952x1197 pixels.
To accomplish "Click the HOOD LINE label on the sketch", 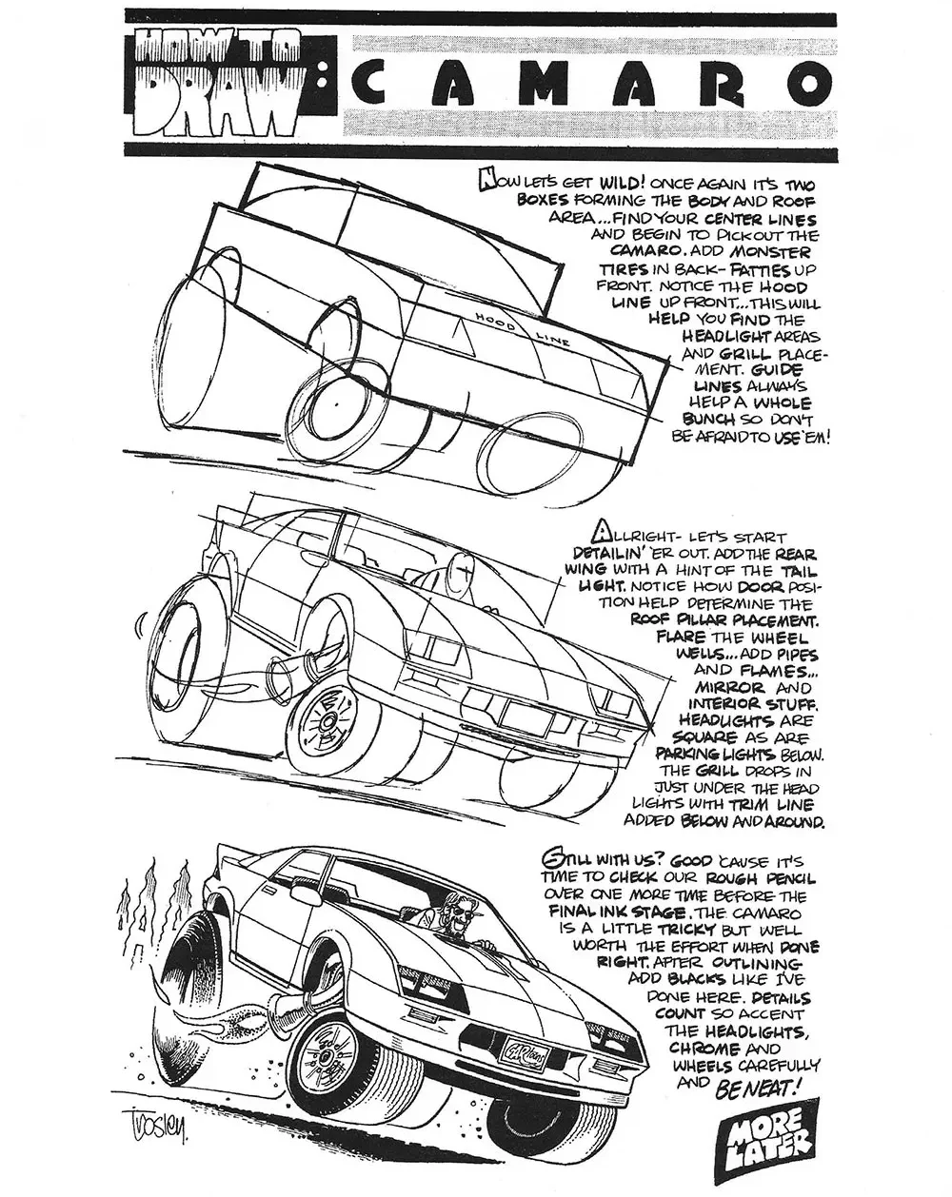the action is [521, 328].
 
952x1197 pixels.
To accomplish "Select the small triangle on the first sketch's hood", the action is [462, 340].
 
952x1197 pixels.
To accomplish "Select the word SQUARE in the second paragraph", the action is [704, 737].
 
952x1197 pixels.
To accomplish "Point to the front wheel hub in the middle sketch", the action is [326, 721].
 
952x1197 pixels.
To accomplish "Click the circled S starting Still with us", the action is [551, 860].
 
